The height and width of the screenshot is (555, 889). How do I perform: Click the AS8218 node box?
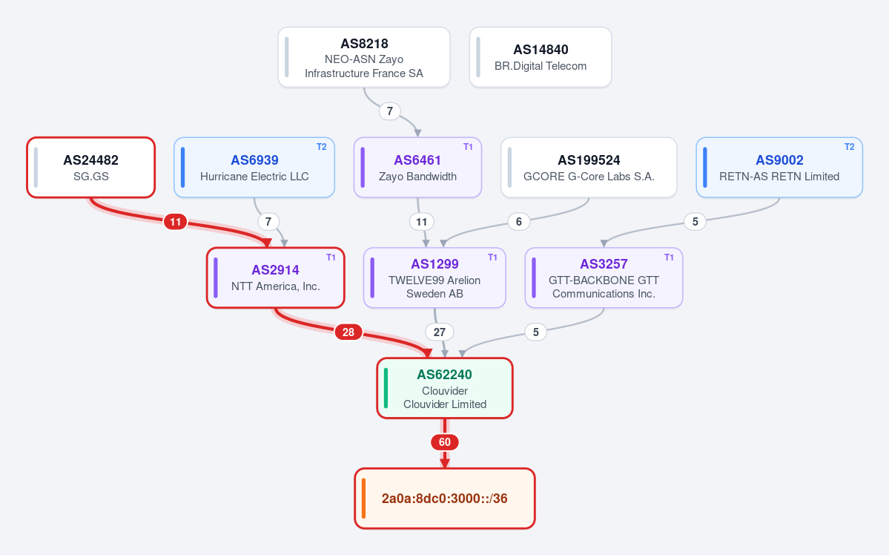tap(364, 57)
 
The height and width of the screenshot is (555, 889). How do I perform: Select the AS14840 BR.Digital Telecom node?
tap(541, 57)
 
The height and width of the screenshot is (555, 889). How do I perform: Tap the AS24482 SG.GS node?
tap(90, 168)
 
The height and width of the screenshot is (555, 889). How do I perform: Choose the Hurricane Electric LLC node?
tap(254, 168)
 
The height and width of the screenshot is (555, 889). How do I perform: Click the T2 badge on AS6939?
tap(322, 147)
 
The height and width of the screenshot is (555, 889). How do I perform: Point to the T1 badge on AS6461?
tap(468, 147)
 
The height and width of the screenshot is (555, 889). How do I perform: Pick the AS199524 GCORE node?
tap(589, 168)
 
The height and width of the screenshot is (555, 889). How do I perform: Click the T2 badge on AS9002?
tap(849, 147)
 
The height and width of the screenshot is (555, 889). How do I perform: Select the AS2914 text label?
tap(276, 270)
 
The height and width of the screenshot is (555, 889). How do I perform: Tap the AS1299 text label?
tap(435, 264)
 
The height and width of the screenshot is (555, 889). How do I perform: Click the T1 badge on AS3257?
tap(669, 257)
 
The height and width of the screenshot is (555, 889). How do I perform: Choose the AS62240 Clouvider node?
tap(445, 388)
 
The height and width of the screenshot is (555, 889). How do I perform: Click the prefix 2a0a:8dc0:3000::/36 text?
tap(445, 499)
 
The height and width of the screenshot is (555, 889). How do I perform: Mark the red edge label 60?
tap(445, 442)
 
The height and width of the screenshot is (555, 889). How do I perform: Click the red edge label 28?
tap(348, 332)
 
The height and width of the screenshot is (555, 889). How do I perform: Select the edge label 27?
tap(440, 332)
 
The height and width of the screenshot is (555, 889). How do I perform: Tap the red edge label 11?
tap(175, 222)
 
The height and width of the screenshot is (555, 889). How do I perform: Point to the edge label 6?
tap(519, 221)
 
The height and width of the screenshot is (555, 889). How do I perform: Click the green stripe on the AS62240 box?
tap(386, 388)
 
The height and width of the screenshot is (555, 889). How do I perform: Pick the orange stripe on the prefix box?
tap(363, 499)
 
